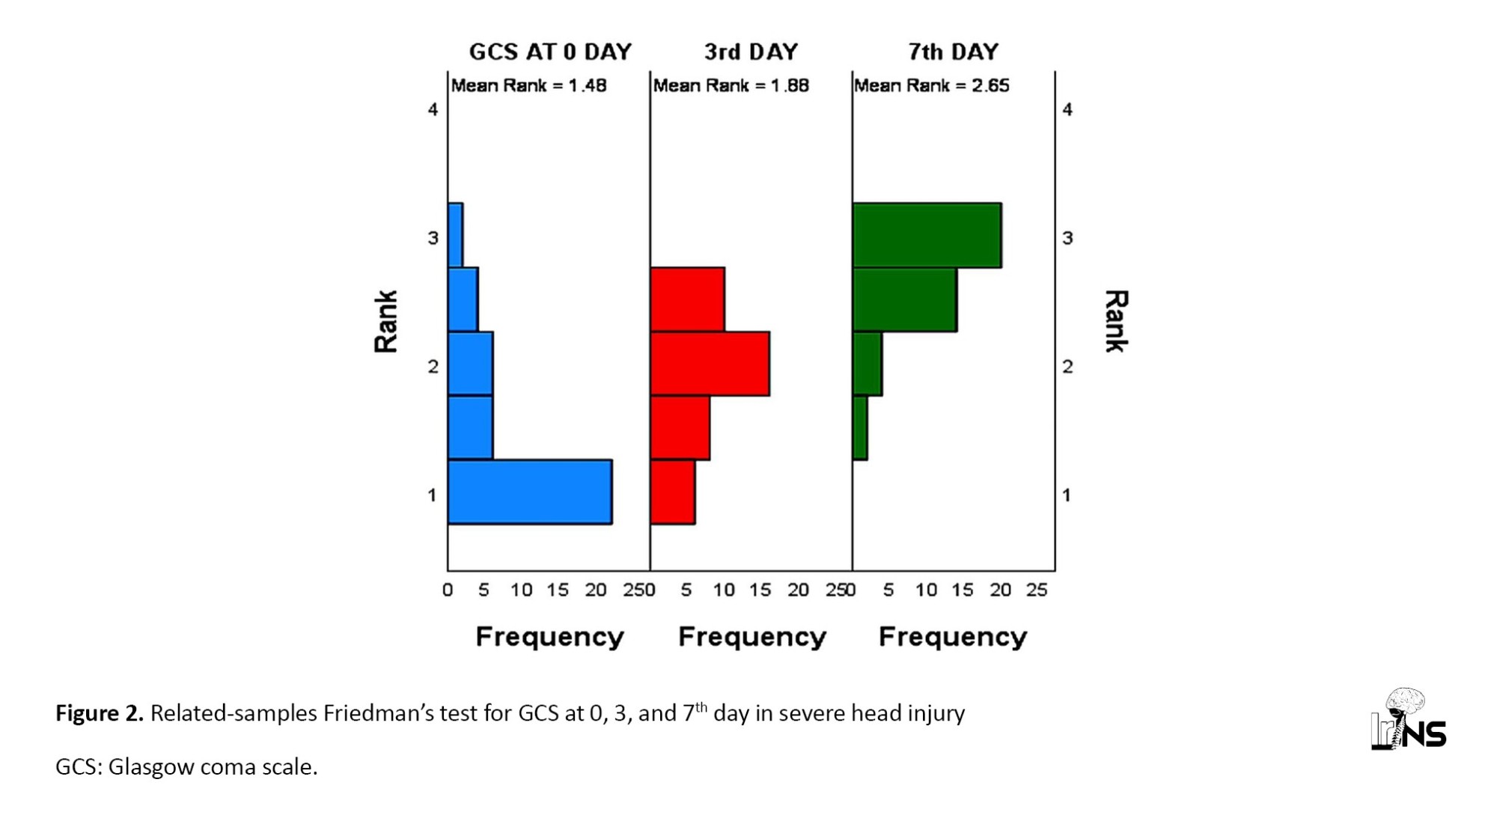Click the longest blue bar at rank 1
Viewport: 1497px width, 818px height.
point(530,492)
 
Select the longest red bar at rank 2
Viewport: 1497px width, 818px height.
point(710,364)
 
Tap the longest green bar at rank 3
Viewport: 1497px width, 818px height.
point(927,235)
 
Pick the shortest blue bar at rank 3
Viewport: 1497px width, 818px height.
point(455,235)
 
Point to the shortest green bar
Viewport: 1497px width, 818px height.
point(860,428)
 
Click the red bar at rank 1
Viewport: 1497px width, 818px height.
point(673,492)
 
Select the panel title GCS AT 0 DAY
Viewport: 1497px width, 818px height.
point(550,52)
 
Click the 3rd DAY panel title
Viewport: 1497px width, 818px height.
point(751,52)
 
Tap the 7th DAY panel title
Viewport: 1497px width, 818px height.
point(953,52)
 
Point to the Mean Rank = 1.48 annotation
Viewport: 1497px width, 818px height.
point(528,85)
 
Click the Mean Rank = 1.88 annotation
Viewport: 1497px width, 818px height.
point(731,85)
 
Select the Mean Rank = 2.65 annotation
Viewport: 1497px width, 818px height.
point(932,85)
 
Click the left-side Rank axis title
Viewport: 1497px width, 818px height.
point(386,321)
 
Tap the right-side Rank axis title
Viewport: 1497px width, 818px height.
point(1115,321)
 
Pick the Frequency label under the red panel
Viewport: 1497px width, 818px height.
point(751,637)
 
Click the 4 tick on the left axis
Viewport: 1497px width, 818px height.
point(433,110)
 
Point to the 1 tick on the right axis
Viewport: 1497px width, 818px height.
point(1067,495)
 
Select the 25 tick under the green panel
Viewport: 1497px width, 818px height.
point(1037,590)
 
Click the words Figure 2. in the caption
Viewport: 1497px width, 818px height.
point(99,713)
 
